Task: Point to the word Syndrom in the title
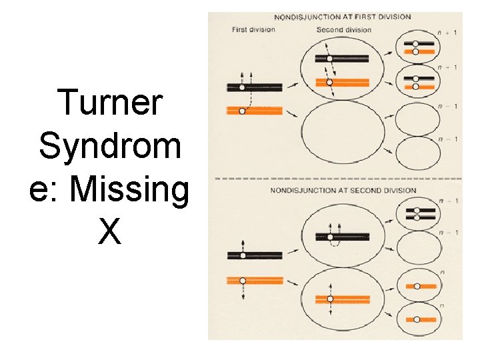pos(110,147)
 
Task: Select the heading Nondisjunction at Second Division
pos(343,191)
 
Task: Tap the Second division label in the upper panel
pos(343,29)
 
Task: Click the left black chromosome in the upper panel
pos(255,87)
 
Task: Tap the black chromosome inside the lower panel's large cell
pos(342,237)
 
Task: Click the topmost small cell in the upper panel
pos(417,46)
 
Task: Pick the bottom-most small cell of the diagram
pos(417,319)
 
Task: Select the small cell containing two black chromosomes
pos(417,214)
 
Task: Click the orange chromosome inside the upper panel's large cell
pos(342,82)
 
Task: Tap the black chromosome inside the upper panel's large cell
pos(342,59)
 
